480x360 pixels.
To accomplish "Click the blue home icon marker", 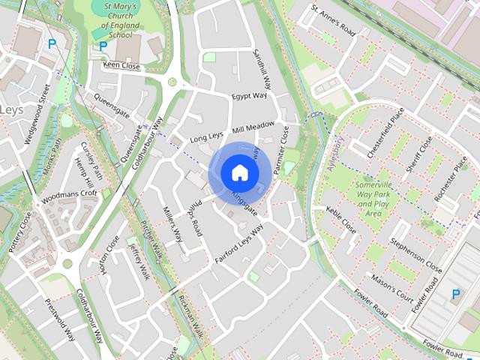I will pyautogui.click(x=240, y=173).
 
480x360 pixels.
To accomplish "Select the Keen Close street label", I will pyautogui.click(x=121, y=66).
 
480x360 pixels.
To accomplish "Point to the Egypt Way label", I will pyautogui.click(x=249, y=97).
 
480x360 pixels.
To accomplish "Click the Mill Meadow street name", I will pyautogui.click(x=253, y=128).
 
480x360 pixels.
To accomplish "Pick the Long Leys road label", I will pyautogui.click(x=207, y=138).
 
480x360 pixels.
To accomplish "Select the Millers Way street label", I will pyautogui.click(x=172, y=223).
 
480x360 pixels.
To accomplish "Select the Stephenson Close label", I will pyautogui.click(x=416, y=255).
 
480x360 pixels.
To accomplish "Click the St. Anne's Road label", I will pyautogui.click(x=333, y=20).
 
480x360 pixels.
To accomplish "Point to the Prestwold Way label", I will pyautogui.click(x=59, y=319).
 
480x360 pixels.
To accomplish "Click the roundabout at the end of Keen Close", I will pyautogui.click(x=172, y=81).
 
